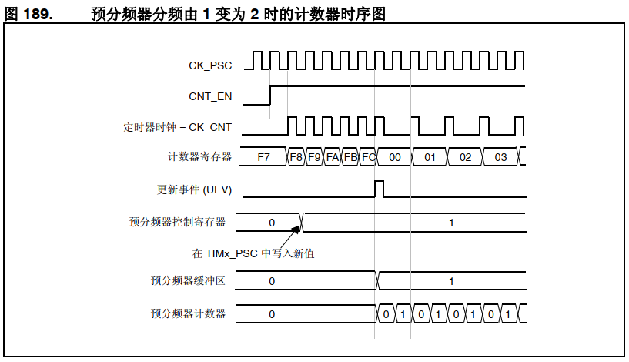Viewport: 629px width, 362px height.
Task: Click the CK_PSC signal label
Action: (x=210, y=65)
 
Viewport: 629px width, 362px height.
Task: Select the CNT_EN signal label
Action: (x=210, y=96)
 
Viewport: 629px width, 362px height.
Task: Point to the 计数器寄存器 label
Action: (x=199, y=156)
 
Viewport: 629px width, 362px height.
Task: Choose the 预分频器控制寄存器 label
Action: (x=178, y=222)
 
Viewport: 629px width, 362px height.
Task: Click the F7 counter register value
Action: (x=263, y=157)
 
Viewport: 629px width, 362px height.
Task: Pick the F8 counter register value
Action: (x=296, y=157)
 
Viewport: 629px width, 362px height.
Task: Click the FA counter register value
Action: (x=333, y=157)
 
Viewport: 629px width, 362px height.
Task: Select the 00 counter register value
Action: (x=394, y=157)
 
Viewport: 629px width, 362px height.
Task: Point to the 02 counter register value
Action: (x=465, y=157)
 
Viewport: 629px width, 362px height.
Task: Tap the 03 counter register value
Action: (x=500, y=157)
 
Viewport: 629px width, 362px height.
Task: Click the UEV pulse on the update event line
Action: (x=378, y=189)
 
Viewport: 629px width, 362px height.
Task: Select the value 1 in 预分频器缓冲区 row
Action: (x=451, y=282)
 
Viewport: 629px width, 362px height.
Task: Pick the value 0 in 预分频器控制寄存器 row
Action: (x=272, y=223)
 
